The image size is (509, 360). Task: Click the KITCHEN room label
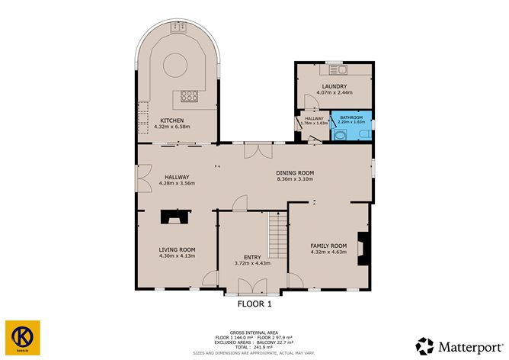tap(171, 120)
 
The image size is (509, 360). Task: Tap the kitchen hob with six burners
tap(188, 96)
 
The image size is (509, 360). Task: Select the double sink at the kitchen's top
tap(179, 28)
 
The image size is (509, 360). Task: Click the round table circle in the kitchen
tap(175, 63)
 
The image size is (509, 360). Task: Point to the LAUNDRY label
tap(334, 86)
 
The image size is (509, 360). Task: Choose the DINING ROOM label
tap(294, 173)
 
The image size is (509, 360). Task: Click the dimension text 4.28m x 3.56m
tap(177, 184)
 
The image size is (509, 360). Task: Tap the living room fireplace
tap(176, 217)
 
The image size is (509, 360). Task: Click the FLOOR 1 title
tap(253, 303)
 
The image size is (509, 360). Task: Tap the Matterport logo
tap(457, 344)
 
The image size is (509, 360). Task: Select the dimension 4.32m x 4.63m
tap(328, 252)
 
